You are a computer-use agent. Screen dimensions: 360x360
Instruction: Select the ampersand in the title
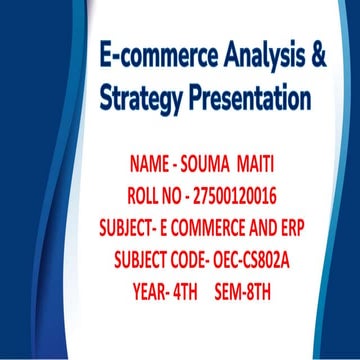point(319,56)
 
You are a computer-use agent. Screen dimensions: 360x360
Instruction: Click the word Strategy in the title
point(139,99)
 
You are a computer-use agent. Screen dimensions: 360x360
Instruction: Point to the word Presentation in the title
point(249,99)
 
